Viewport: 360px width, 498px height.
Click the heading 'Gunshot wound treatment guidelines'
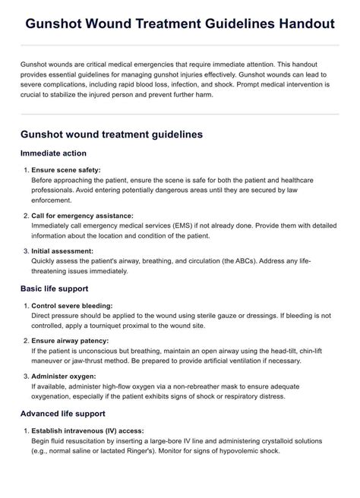point(111,134)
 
